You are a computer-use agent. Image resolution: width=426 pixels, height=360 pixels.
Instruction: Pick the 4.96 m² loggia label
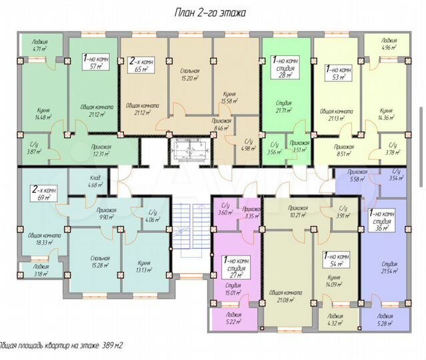[x=385, y=45]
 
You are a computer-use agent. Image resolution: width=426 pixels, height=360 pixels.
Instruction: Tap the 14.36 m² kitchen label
[x=385, y=114]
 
